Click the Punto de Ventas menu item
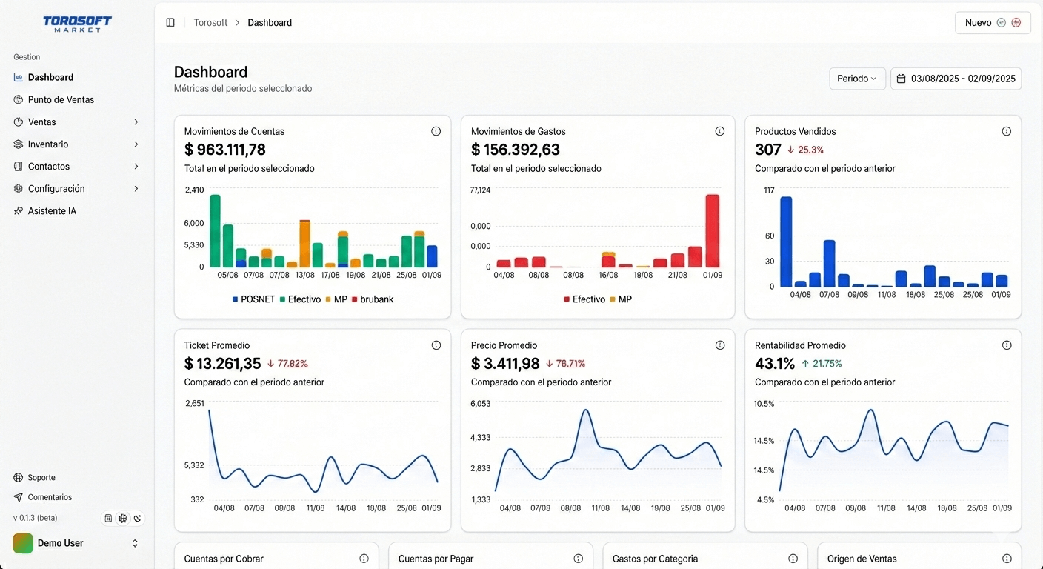(61, 99)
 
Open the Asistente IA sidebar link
(52, 211)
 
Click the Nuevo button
(992, 23)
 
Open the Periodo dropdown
(857, 79)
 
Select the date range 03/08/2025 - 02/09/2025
(956, 79)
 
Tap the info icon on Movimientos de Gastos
(719, 131)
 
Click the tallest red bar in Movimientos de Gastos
(712, 230)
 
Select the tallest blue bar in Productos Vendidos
(786, 242)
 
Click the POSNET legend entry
(253, 299)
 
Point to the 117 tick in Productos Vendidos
(769, 190)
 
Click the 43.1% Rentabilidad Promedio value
(775, 364)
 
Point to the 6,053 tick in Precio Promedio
(480, 404)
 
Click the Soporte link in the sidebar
(41, 478)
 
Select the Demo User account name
(60, 543)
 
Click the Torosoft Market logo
(77, 24)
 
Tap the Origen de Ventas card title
(862, 559)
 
